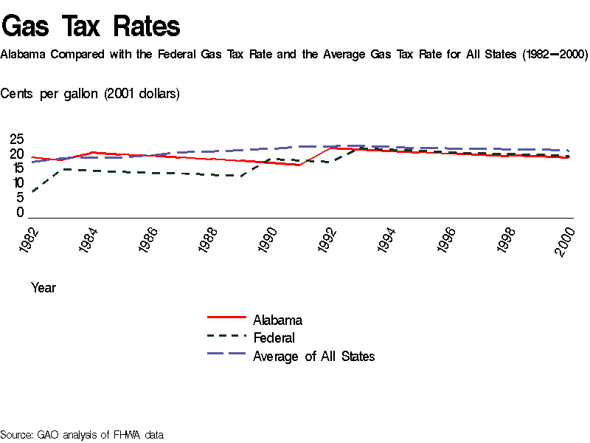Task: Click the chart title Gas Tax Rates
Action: point(91,27)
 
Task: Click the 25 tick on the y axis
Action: point(17,140)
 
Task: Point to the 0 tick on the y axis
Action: point(21,213)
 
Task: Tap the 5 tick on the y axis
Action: point(21,198)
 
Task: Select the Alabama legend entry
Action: point(277,320)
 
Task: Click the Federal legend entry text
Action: point(274,338)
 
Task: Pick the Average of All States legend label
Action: point(313,357)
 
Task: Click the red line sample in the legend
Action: point(226,318)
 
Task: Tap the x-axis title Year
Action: point(44,288)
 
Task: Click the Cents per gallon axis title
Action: point(90,94)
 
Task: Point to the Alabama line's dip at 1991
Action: point(299,165)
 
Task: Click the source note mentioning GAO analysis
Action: point(82,434)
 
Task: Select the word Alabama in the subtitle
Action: point(25,55)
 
